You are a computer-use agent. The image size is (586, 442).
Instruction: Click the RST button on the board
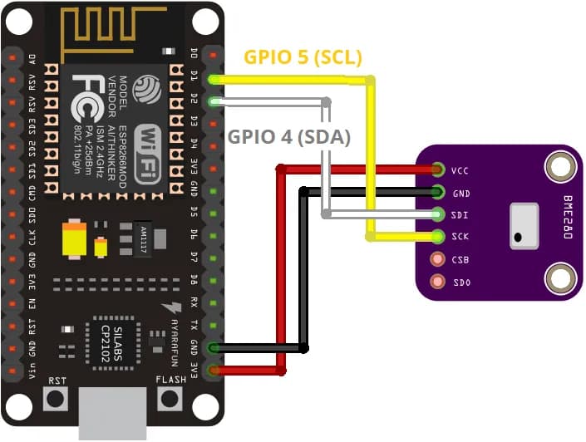click(57, 398)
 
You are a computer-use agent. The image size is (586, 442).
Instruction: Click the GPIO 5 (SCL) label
click(303, 57)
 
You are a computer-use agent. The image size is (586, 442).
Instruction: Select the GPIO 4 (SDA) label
click(289, 136)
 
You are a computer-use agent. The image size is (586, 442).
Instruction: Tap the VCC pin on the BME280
click(437, 170)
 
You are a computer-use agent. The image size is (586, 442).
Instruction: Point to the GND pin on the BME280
click(437, 192)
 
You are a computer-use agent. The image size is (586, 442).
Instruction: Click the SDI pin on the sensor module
click(437, 214)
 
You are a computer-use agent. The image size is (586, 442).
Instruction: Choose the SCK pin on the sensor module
click(437, 237)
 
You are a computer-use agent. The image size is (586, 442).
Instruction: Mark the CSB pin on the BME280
click(437, 259)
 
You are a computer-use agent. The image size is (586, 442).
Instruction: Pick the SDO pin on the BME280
click(437, 282)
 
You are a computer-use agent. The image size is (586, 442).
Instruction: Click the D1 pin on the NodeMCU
click(214, 79)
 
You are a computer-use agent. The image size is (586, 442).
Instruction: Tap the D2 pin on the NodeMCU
click(214, 101)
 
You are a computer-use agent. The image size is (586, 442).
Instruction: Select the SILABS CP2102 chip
click(114, 338)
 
